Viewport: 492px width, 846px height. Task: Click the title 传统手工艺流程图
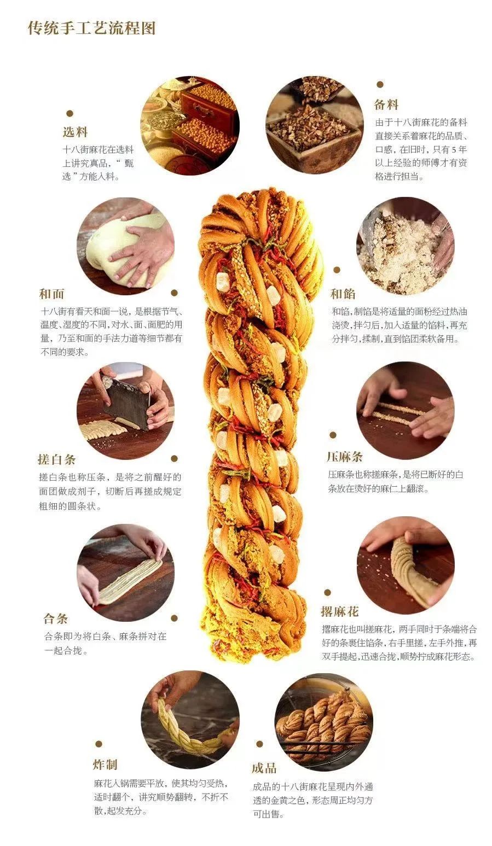tap(92, 28)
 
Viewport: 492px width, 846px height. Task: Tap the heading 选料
tap(75, 132)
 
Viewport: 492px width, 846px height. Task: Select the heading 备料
tap(386, 104)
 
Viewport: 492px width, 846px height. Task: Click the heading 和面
tap(52, 294)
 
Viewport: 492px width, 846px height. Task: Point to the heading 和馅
tap(343, 294)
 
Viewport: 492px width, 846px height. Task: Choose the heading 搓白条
tap(57, 459)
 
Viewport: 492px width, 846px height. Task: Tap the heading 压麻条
tap(345, 457)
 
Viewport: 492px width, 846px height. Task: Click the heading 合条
tap(56, 619)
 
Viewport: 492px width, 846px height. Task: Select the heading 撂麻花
tap(339, 611)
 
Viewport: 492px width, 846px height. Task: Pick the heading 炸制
tap(105, 765)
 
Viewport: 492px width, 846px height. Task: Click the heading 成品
tap(264, 768)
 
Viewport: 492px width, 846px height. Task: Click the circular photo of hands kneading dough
tap(125, 246)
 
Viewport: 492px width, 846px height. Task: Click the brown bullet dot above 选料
tap(70, 114)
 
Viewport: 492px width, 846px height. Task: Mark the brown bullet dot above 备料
tap(380, 85)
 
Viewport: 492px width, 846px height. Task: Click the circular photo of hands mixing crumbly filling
tap(406, 246)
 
